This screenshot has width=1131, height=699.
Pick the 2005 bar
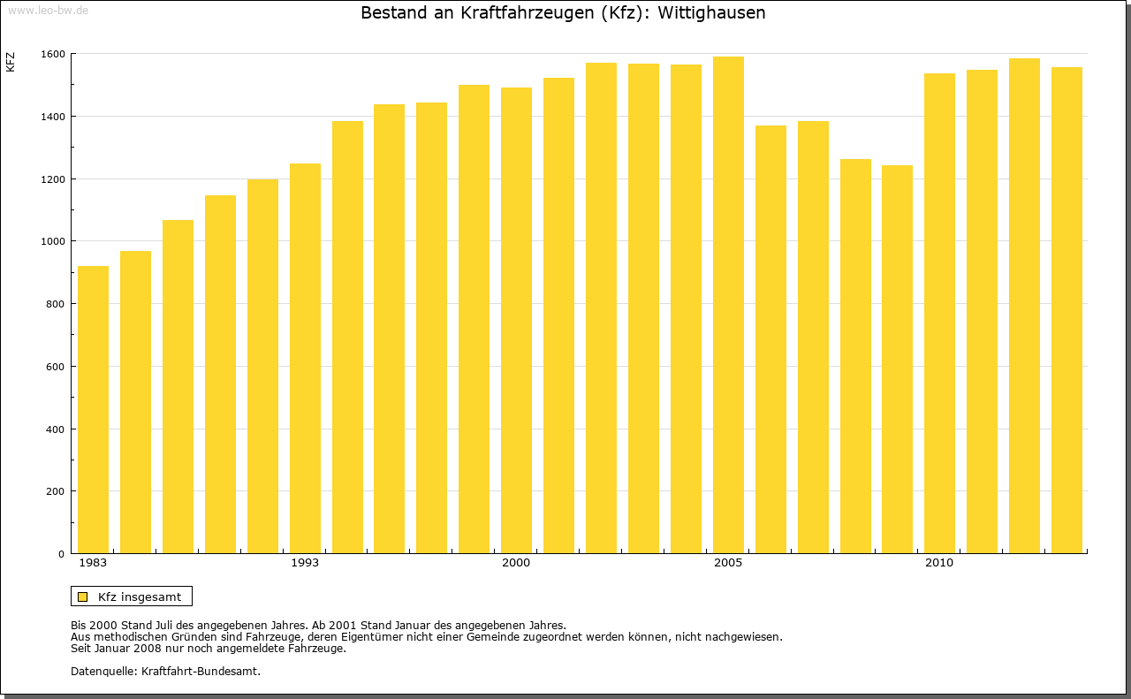click(x=728, y=305)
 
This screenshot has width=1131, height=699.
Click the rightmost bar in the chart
click(x=1066, y=310)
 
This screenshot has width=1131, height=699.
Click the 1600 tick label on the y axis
click(x=53, y=54)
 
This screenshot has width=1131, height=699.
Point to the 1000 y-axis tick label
click(x=53, y=241)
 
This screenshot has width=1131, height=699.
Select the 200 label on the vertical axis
click(x=56, y=491)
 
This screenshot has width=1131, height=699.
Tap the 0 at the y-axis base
click(x=62, y=554)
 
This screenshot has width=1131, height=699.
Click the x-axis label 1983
click(x=93, y=563)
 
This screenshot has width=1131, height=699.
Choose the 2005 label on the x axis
click(x=728, y=563)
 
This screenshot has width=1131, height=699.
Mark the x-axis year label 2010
click(x=939, y=563)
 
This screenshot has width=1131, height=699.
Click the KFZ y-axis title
click(x=11, y=62)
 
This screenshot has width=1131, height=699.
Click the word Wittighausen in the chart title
click(x=711, y=13)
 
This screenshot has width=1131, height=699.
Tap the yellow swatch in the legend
click(x=82, y=596)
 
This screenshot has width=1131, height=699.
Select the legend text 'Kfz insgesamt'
click(x=140, y=596)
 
